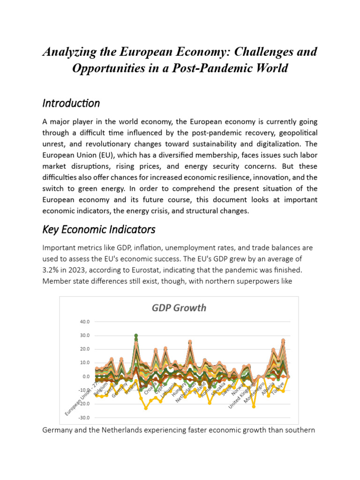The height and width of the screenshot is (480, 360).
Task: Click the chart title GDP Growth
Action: coord(179,307)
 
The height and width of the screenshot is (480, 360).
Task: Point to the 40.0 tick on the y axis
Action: coord(85,322)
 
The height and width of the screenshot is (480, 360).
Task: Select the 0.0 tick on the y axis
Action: coord(86,376)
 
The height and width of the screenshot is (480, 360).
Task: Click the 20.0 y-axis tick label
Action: coord(85,349)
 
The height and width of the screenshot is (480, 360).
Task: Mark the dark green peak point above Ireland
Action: coord(136,336)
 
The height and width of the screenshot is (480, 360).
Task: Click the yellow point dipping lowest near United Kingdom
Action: coord(254,406)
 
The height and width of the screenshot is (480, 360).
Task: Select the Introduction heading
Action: coord(71,103)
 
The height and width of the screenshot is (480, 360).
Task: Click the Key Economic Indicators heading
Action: coord(98,230)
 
